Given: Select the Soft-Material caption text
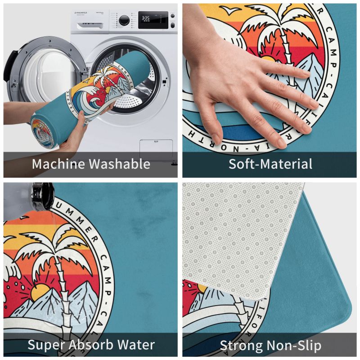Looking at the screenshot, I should pos(270,164).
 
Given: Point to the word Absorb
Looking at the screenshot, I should pos(94,345).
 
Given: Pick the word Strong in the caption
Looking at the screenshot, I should pos(240,346).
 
